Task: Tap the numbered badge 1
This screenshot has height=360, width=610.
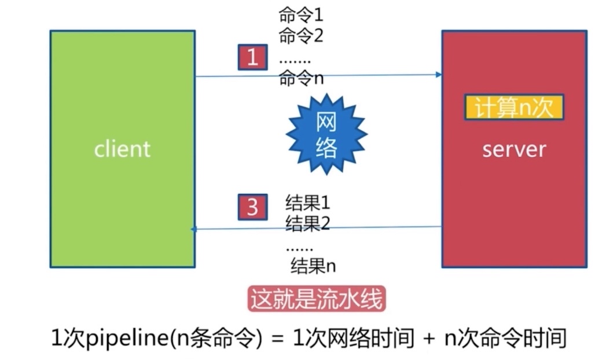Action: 252,57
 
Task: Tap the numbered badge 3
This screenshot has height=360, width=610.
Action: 252,207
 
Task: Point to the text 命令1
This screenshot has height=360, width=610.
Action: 301,14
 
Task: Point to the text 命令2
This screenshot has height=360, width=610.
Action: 301,35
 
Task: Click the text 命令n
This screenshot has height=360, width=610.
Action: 301,78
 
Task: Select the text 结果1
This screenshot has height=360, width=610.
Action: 307,203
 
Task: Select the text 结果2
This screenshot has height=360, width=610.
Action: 307,223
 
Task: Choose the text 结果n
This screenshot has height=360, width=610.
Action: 313,266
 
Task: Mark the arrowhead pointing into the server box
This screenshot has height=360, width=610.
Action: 439,75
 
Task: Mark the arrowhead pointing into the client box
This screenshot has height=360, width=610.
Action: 194,229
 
